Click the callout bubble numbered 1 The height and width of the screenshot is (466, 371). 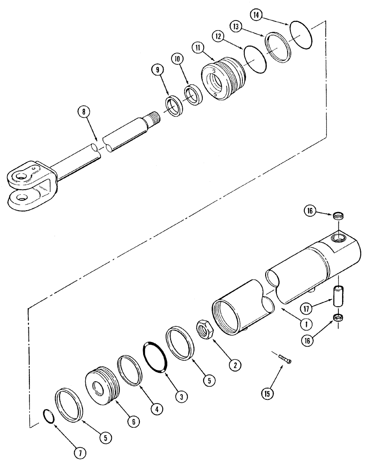(x=307, y=322)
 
